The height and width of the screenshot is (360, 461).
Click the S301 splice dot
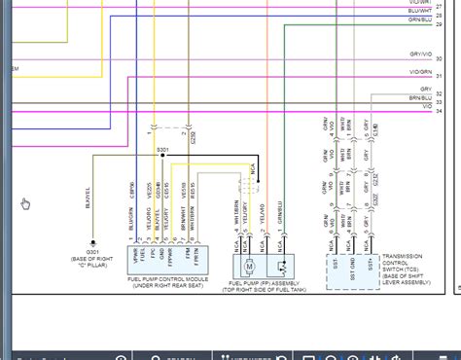(162, 156)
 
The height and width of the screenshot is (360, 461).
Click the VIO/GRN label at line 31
(420, 73)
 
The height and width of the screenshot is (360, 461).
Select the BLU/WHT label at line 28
(419, 11)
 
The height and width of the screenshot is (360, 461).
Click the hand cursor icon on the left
(26, 203)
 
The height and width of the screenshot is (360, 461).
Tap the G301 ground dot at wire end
(92, 242)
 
